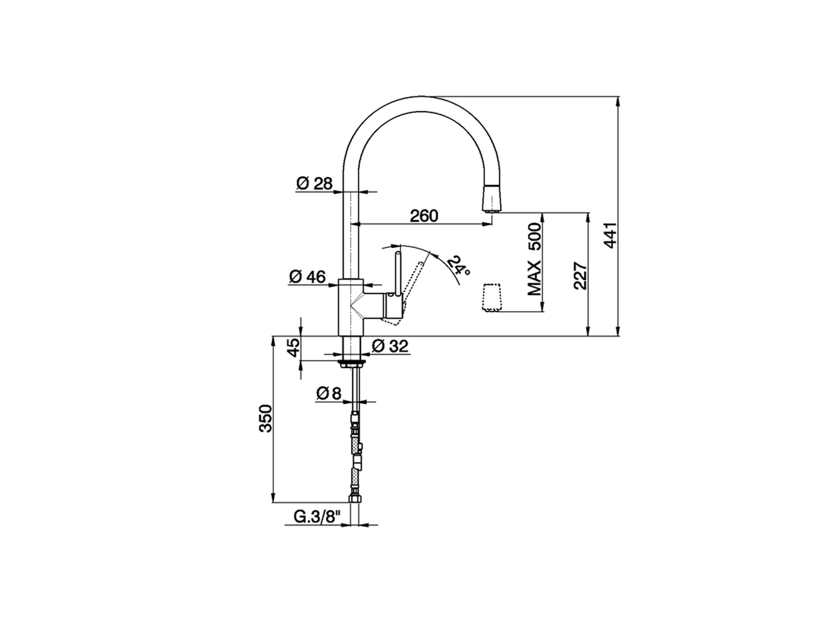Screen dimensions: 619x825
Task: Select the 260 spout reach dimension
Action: point(423,215)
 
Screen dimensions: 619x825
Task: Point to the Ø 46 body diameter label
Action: point(307,277)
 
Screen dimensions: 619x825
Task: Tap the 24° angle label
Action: point(457,267)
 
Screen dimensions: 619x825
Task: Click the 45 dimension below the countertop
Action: point(293,348)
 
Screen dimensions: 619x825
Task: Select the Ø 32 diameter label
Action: point(390,346)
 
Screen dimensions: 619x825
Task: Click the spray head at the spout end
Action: point(491,196)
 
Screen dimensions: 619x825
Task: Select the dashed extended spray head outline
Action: point(491,297)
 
